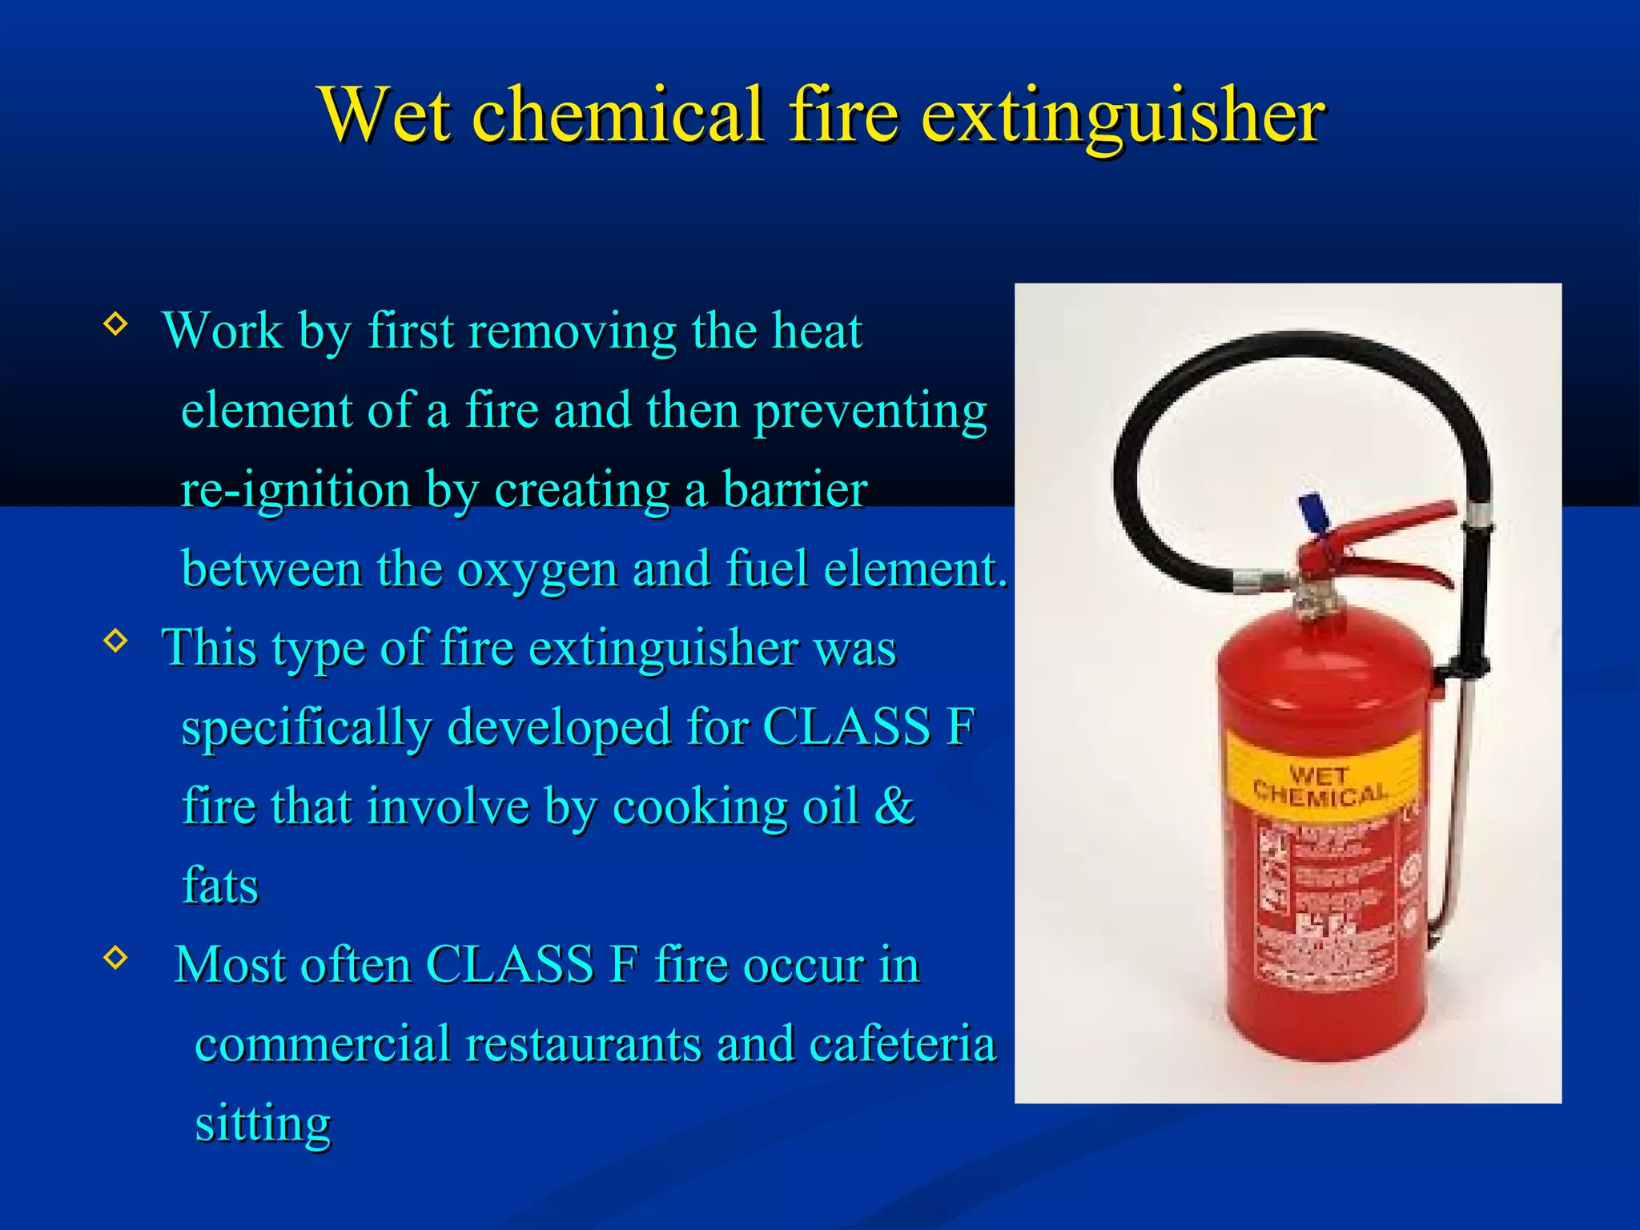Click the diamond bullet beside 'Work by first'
point(116,324)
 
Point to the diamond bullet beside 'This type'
point(116,641)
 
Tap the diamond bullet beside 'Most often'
point(116,957)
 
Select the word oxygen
point(536,570)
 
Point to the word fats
point(220,886)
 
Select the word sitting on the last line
point(263,1123)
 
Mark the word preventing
point(870,411)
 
